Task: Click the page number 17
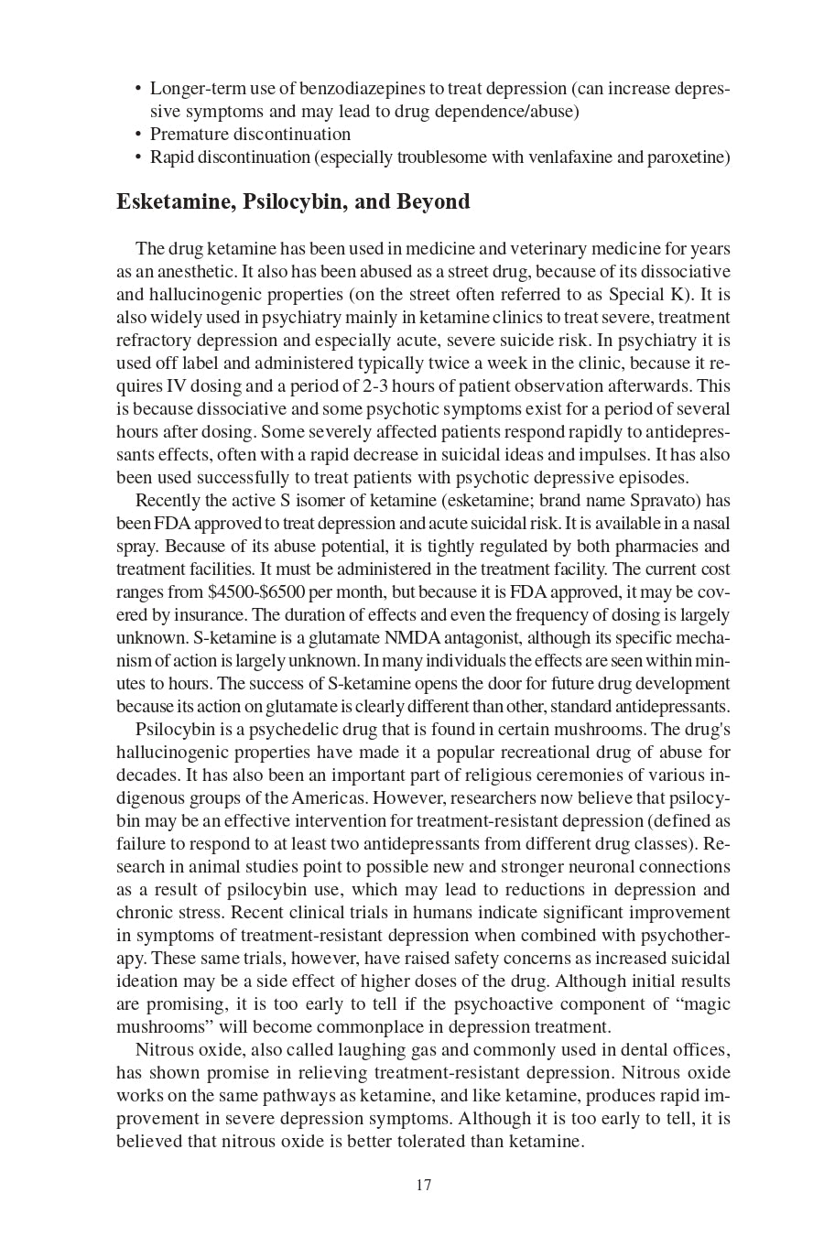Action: tap(423, 1185)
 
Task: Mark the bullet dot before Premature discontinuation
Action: tap(138, 135)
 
